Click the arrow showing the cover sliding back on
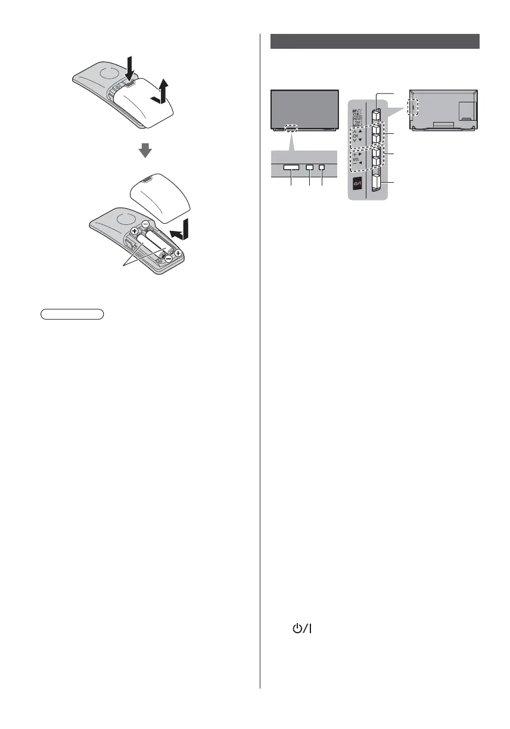[182, 230]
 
